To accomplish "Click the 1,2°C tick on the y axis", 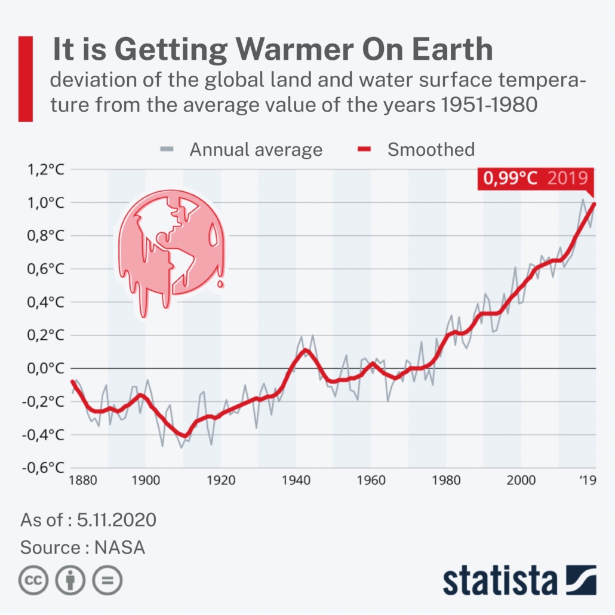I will coord(43,170).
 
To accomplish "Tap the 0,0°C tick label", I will coord(43,368).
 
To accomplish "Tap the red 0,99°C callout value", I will coord(509,179).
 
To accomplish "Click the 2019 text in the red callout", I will coord(567,179).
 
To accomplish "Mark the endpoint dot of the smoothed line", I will coord(594,205).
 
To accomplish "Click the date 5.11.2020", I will coord(116,520).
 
